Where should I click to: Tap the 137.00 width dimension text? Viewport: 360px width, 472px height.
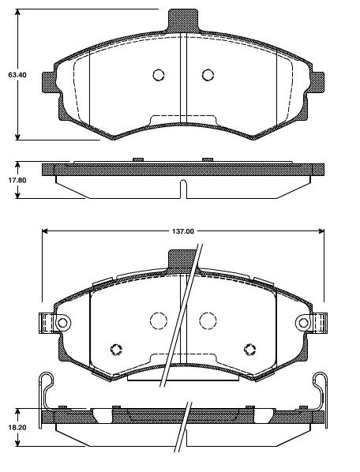pyautogui.click(x=182, y=231)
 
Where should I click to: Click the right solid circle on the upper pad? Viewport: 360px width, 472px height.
pyautogui.click(x=208, y=75)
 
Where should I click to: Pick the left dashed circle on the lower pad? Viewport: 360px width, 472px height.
pyautogui.click(x=159, y=320)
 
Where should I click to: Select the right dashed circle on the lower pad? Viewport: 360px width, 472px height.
pyautogui.click(x=208, y=320)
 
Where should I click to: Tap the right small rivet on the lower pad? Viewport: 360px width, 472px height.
pyautogui.click(x=251, y=350)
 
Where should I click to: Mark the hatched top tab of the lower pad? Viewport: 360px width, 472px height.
pyautogui.click(x=182, y=260)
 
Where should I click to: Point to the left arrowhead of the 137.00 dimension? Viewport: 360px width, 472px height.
pyautogui.click(x=44, y=231)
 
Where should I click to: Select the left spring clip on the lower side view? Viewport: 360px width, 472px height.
pyautogui.click(x=45, y=389)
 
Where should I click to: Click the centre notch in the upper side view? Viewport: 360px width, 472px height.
pyautogui.click(x=182, y=190)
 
